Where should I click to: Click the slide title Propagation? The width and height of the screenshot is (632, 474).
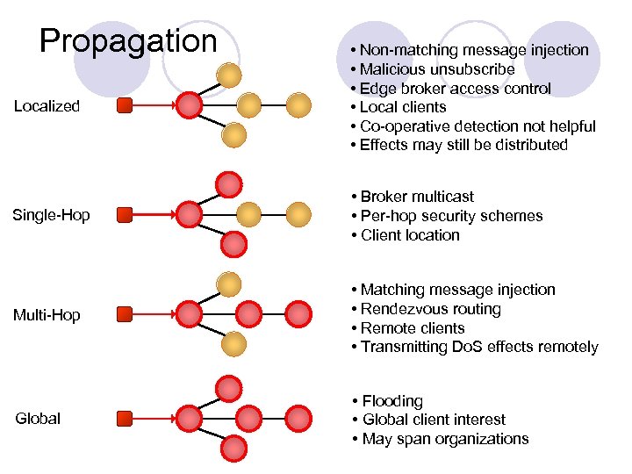tap(128, 41)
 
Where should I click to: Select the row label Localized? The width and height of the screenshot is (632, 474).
tap(47, 106)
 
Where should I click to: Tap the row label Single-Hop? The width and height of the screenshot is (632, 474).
tap(51, 215)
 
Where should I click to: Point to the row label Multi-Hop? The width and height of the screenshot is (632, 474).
tap(47, 314)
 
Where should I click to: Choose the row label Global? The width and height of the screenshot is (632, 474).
tap(38, 419)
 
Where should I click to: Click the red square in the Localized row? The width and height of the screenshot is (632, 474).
tap(125, 106)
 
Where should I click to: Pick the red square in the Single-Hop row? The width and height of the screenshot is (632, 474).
tap(125, 214)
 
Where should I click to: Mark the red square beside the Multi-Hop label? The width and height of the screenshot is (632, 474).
tap(125, 313)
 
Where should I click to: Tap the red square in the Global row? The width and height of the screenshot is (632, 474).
tap(125, 418)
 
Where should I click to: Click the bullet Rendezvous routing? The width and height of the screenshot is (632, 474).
tap(425, 309)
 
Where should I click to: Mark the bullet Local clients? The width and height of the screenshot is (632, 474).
tap(398, 107)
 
